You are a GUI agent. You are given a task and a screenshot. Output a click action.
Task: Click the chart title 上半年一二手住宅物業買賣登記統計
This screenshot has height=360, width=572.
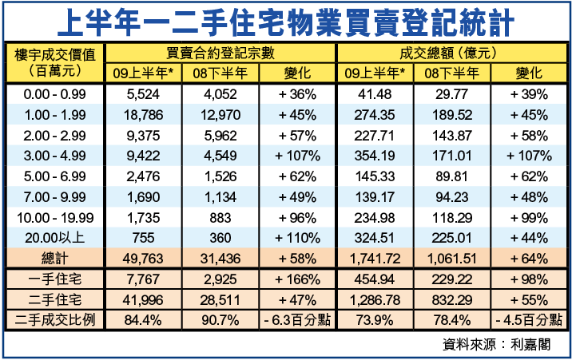pyautogui.click(x=286, y=22)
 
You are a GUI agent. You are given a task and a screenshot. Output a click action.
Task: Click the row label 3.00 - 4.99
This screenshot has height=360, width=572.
pyautogui.click(x=55, y=154)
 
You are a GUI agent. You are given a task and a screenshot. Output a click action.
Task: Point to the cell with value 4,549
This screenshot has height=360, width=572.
pyautogui.click(x=220, y=154)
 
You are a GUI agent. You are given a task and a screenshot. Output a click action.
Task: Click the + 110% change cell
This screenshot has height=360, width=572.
pyautogui.click(x=297, y=237)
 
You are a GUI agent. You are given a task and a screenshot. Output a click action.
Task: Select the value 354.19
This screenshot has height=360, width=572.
pyautogui.click(x=375, y=154)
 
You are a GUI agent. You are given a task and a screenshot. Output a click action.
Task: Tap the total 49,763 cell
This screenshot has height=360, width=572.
pyautogui.click(x=145, y=258)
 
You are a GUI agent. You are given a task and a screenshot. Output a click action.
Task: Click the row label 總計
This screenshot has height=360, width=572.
pyautogui.click(x=55, y=258)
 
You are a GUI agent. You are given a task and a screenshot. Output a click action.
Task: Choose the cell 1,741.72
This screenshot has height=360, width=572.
pyautogui.click(x=375, y=258)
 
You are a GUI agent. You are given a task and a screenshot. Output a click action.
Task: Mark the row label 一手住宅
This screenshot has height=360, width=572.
pyautogui.click(x=55, y=279)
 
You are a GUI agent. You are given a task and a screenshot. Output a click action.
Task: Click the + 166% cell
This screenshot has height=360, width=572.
pyautogui.click(x=297, y=279)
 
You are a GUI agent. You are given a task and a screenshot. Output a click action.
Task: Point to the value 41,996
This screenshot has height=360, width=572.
pyautogui.click(x=145, y=299)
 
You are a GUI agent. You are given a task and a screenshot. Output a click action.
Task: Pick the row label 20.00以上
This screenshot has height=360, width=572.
pyautogui.click(x=55, y=237)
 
